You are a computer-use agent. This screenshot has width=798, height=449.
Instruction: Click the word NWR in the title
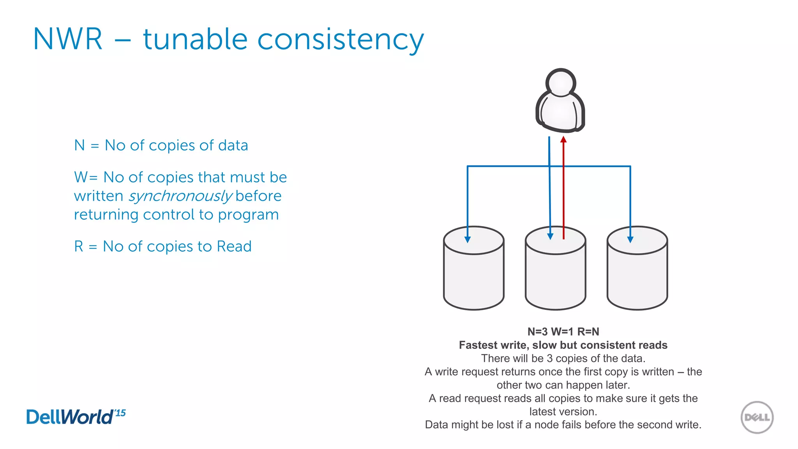68,39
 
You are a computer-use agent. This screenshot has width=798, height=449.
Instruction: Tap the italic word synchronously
180,196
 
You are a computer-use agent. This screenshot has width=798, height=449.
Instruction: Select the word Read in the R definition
234,246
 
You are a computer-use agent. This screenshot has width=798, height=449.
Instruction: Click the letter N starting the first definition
79,145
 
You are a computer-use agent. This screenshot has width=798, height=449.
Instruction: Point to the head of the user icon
561,83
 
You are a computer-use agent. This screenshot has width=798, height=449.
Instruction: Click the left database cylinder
473,273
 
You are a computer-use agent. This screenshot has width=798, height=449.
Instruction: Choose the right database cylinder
637,273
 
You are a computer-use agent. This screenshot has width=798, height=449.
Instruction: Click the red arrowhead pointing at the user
563,139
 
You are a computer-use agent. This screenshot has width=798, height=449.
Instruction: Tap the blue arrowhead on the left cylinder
468,239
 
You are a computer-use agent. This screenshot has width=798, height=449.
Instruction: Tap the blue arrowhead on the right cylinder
630,239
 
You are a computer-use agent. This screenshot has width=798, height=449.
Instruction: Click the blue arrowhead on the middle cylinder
550,236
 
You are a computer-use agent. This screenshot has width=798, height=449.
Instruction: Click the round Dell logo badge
757,417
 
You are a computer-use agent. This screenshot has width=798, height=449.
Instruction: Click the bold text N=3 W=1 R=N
563,332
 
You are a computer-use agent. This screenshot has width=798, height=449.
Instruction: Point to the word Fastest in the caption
478,345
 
